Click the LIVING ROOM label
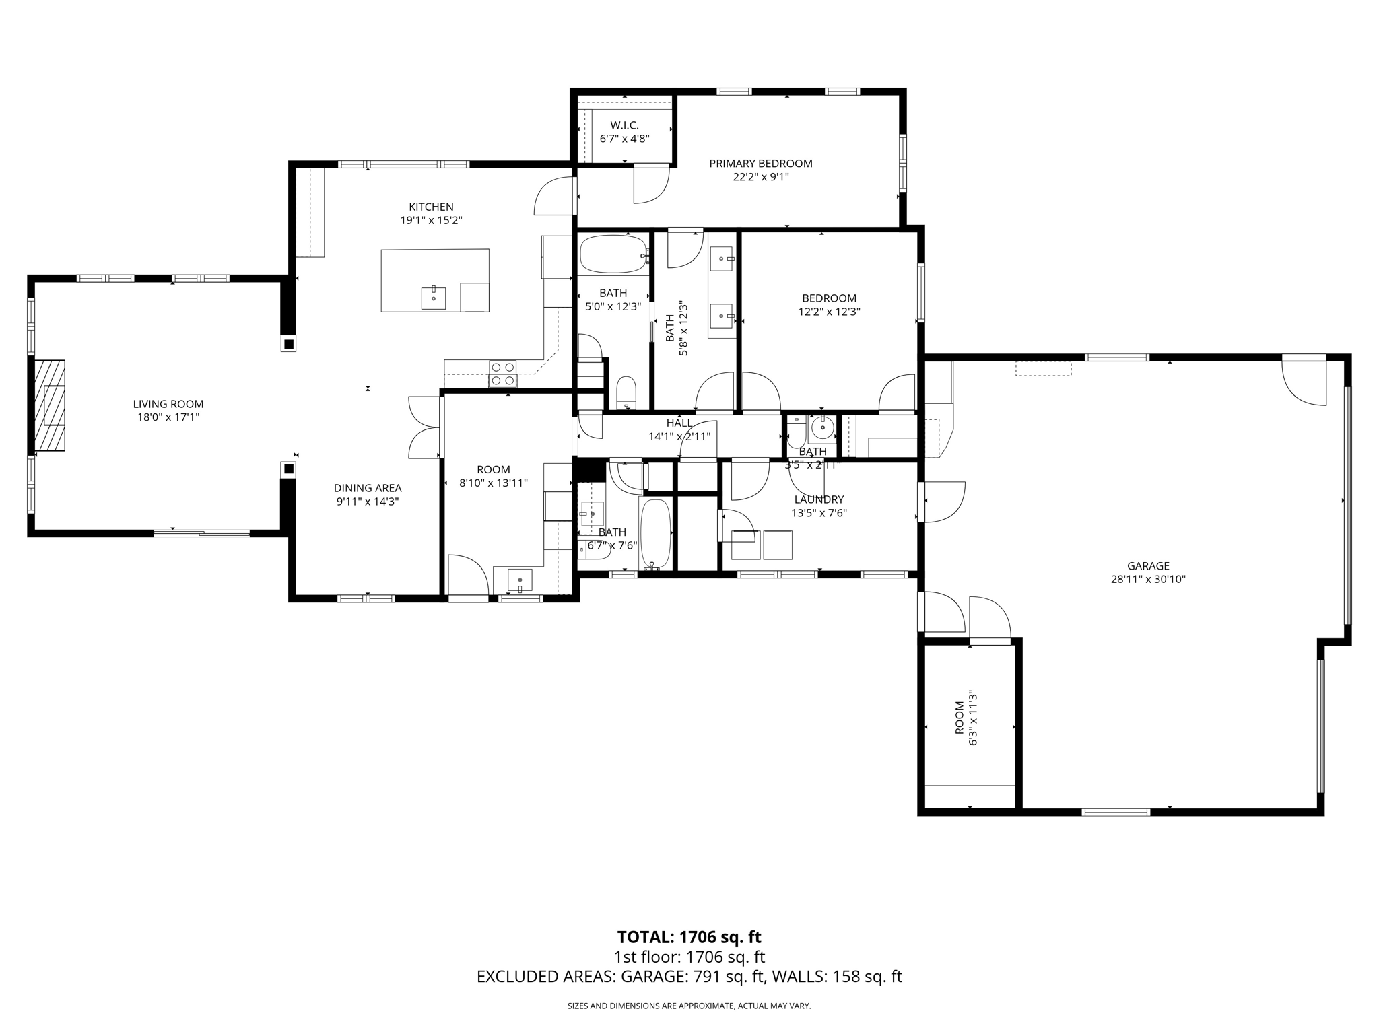168,404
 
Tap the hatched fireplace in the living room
50,405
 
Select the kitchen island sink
433,297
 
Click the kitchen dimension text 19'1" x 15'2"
431,220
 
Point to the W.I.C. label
624,125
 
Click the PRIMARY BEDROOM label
760,163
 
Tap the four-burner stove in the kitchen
502,374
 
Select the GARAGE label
1147,566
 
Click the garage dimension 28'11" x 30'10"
1147,579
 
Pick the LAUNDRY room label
818,499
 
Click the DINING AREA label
368,488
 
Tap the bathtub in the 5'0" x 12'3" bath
612,254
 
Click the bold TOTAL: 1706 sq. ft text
689,936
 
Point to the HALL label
679,423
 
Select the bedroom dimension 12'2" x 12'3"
829,312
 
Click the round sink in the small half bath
822,427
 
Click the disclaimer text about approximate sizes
689,1006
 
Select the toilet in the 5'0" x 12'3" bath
626,392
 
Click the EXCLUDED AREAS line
689,977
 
